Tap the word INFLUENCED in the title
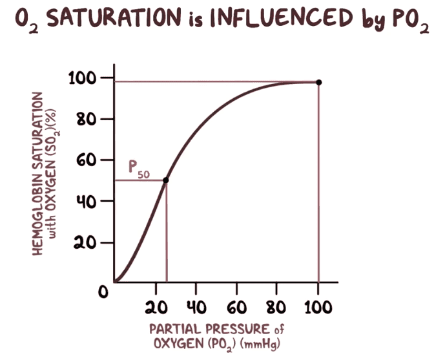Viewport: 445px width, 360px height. tap(273, 19)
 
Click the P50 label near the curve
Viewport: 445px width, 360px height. tap(138, 169)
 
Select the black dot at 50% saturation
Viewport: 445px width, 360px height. tap(166, 180)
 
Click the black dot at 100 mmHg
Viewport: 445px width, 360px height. tap(318, 82)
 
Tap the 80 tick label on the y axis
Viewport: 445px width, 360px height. tap(87, 120)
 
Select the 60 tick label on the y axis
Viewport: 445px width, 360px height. tap(87, 160)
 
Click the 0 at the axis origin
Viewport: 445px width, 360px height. tap(103, 292)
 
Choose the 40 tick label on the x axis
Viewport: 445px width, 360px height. tap(196, 305)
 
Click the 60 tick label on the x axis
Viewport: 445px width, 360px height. tap(238, 305)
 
